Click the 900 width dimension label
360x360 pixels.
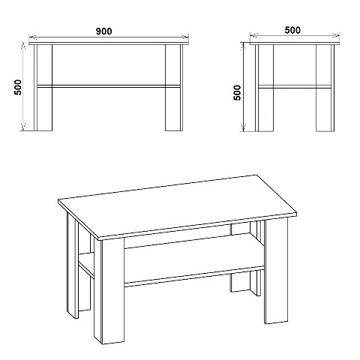point(104,31)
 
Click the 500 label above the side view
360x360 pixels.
point(292,30)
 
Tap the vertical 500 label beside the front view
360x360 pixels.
point(18,87)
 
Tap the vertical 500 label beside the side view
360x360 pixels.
point(237,93)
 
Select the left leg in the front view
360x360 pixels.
point(43,88)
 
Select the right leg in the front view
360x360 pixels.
point(174,88)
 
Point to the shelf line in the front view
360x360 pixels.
point(109,86)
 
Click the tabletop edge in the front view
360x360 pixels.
point(109,43)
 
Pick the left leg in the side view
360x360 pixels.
point(264,88)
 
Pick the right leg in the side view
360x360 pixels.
point(325,88)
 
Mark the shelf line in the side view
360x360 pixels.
point(295,87)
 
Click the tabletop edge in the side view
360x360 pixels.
point(295,43)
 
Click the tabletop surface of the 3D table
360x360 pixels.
point(177,206)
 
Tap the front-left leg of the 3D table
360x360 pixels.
point(109,291)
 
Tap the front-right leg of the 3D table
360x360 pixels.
point(276,271)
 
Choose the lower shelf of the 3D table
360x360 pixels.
point(194,260)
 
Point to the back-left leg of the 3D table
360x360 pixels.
point(73,265)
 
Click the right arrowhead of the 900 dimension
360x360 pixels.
point(184,37)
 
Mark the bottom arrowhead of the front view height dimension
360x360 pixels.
point(23,127)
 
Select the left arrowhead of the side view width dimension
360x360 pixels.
point(254,36)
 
